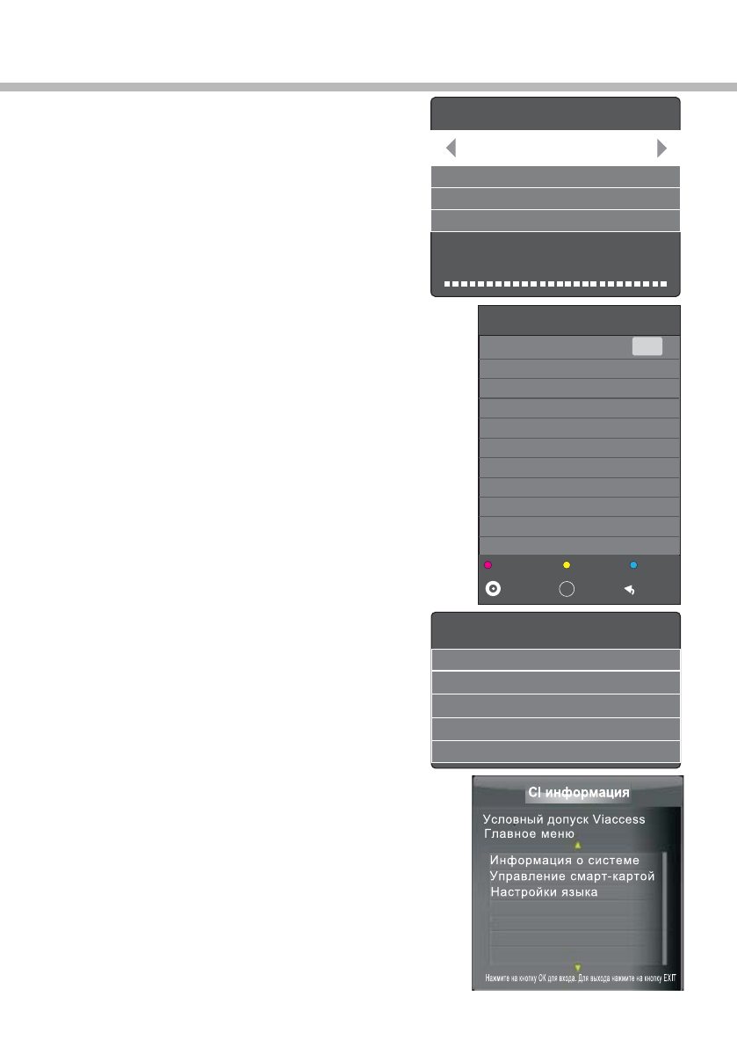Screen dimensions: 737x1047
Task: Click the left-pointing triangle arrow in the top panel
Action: [x=451, y=148]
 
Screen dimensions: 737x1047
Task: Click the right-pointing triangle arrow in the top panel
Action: [x=661, y=148]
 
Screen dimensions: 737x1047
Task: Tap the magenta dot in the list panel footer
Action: [x=487, y=566]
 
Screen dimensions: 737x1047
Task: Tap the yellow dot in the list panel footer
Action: [x=567, y=566]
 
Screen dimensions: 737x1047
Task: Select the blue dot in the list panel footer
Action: [x=632, y=566]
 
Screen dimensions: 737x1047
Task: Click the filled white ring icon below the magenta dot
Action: [x=494, y=589]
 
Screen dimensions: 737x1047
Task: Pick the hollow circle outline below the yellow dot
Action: [x=567, y=589]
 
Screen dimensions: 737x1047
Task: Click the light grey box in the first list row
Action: [x=647, y=346]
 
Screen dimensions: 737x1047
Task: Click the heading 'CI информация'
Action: [x=578, y=793]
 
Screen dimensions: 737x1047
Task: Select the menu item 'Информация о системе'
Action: [x=564, y=860]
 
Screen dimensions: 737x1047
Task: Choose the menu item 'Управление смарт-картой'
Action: [x=572, y=876]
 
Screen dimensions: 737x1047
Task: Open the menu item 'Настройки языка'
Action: [x=544, y=891]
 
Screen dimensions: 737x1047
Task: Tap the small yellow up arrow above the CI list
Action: [x=577, y=844]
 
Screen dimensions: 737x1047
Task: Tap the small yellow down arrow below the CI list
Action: [x=577, y=967]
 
